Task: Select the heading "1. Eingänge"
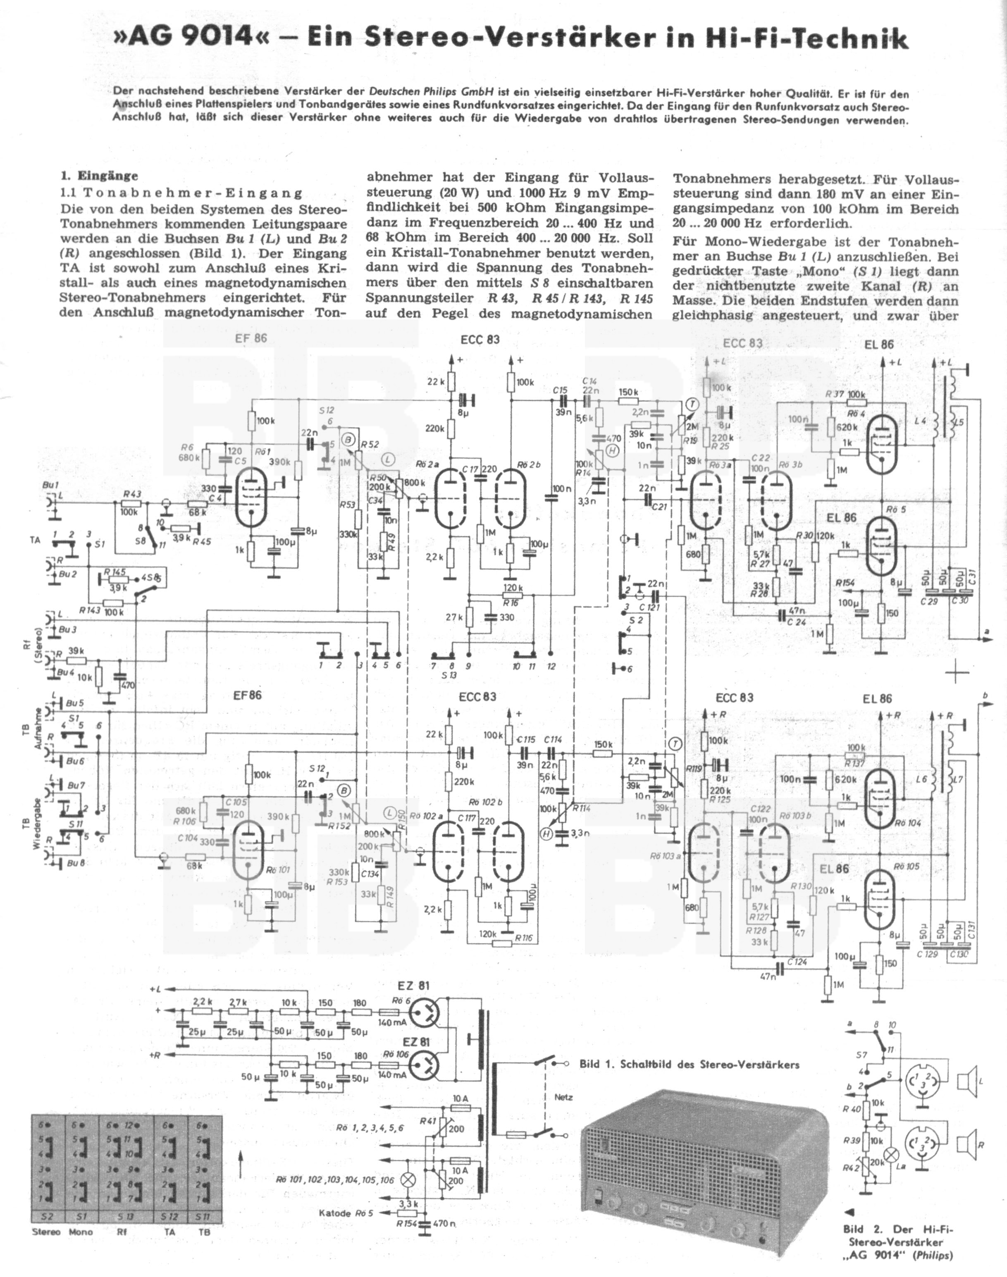point(99,176)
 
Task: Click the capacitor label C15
point(560,390)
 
